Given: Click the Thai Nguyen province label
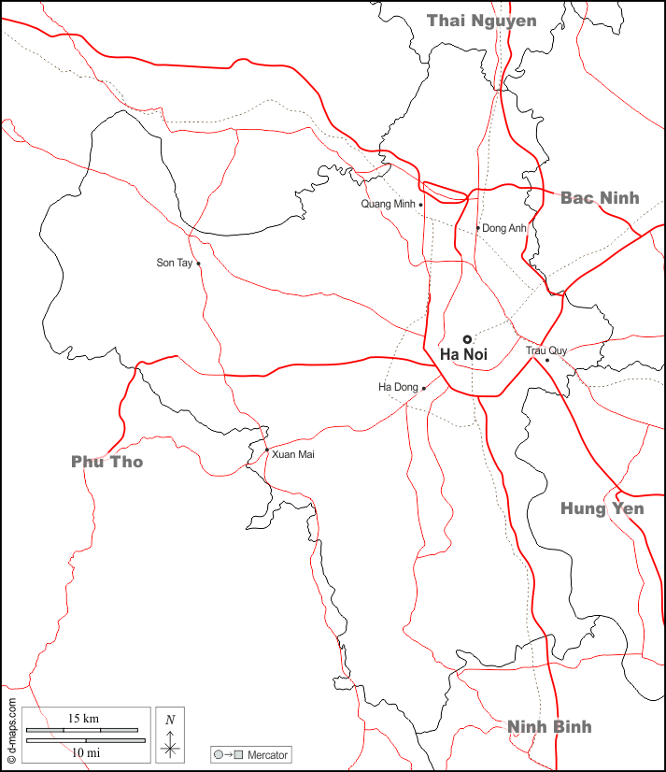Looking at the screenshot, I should pos(481,21).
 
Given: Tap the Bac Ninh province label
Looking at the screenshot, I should pos(600,197).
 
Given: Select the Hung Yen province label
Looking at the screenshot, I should pos(602,508).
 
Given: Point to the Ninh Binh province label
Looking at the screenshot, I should pos(549,726).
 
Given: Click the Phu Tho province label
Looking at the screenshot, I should pos(107,462).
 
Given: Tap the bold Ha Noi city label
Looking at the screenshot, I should pos(463,354).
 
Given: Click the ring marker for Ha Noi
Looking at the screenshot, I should pos(467,339).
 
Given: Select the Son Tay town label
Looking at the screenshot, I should pos(174,263).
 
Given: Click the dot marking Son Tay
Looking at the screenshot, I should pos(198,264).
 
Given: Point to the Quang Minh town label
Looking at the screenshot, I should pos(388,204).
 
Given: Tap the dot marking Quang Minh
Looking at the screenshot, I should pos(420,205).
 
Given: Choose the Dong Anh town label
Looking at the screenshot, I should pos(504,228).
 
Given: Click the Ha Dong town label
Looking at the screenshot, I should pos(398,387).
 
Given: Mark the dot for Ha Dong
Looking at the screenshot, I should pos(423,388).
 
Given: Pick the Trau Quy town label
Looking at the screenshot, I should pos(546,350).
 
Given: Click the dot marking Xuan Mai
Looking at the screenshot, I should pos(266,450).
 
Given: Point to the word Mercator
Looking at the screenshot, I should pos(268,754).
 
